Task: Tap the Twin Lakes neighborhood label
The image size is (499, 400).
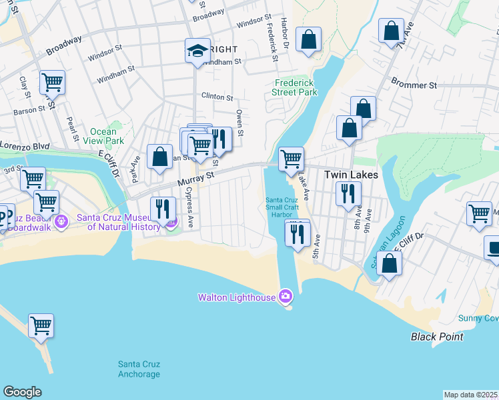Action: [351, 175]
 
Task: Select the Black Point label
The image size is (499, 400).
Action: [437, 337]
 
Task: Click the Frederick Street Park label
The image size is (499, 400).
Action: [295, 87]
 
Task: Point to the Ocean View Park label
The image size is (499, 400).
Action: [107, 136]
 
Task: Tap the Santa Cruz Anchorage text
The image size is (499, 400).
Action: [139, 369]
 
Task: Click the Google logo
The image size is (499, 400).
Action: [22, 392]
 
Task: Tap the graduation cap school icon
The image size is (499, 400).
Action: [197, 51]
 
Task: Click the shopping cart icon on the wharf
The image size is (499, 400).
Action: [41, 326]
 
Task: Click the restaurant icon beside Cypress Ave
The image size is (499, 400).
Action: [163, 208]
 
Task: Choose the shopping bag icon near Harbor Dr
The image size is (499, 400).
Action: [309, 39]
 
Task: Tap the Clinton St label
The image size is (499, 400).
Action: [217, 97]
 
